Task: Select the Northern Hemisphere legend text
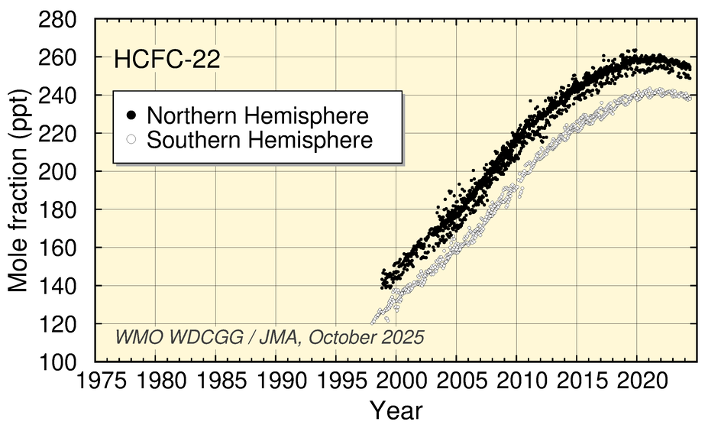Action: (x=257, y=115)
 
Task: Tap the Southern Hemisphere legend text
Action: (x=260, y=140)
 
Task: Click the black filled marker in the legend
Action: (x=131, y=115)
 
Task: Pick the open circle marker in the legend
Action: (x=131, y=140)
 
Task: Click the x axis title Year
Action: (x=396, y=410)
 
